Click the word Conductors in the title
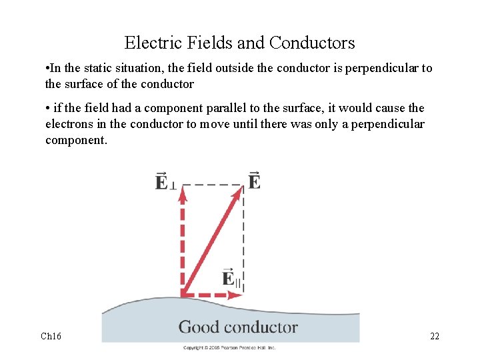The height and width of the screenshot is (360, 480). coord(312,43)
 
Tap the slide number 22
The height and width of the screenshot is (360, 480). coord(434,336)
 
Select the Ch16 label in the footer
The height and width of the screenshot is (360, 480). coord(51,336)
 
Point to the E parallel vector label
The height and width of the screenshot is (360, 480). coord(231,278)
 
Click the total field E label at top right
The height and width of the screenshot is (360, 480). coord(254,181)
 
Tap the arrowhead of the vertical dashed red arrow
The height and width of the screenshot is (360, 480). coord(182,193)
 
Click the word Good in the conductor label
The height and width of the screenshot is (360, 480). coord(199,327)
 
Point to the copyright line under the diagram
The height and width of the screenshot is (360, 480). coord(229,347)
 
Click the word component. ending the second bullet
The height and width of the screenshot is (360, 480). coord(76,140)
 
